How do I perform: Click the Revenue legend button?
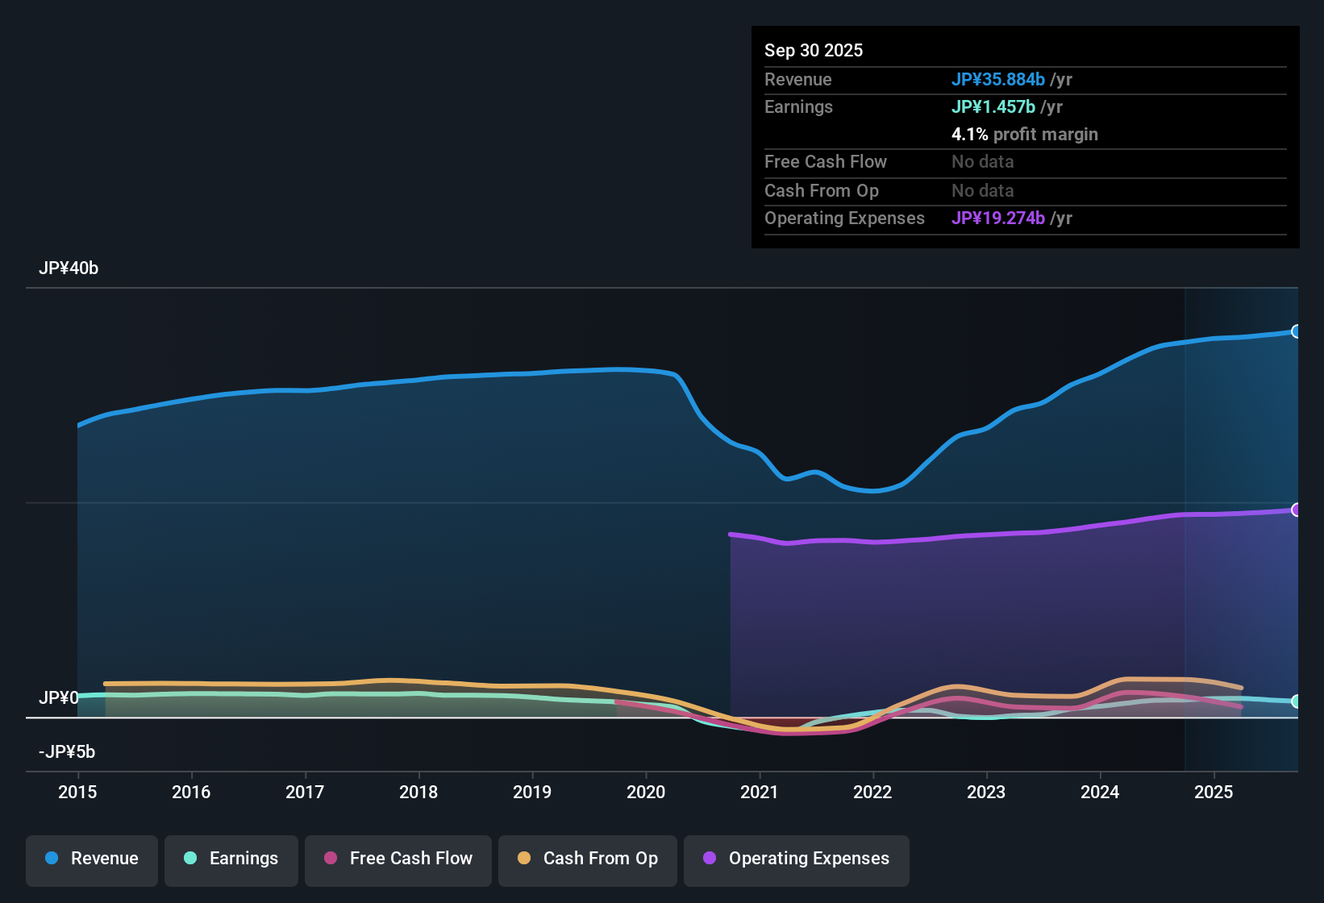[x=92, y=859]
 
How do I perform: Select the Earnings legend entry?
[x=231, y=859]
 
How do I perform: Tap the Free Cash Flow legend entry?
[x=398, y=859]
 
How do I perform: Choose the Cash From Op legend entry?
[x=588, y=859]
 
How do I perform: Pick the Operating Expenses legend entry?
[x=797, y=859]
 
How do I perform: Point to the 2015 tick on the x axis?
[x=77, y=793]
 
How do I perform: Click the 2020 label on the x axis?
[x=646, y=793]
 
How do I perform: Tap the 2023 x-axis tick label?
[x=986, y=793]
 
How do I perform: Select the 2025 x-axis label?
[x=1214, y=793]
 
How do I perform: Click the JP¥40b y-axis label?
[x=69, y=268]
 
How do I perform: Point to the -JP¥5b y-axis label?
[x=67, y=752]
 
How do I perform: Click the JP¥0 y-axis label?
[x=59, y=698]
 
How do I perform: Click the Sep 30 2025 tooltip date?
[x=814, y=51]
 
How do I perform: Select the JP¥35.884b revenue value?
[x=998, y=80]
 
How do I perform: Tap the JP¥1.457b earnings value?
[x=993, y=107]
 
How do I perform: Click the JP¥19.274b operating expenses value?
[x=998, y=218]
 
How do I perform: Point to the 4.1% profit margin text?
[x=1025, y=135]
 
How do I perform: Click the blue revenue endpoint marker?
[x=1296, y=331]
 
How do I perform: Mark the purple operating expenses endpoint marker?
[x=1296, y=510]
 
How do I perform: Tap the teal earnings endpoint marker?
[x=1296, y=701]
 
